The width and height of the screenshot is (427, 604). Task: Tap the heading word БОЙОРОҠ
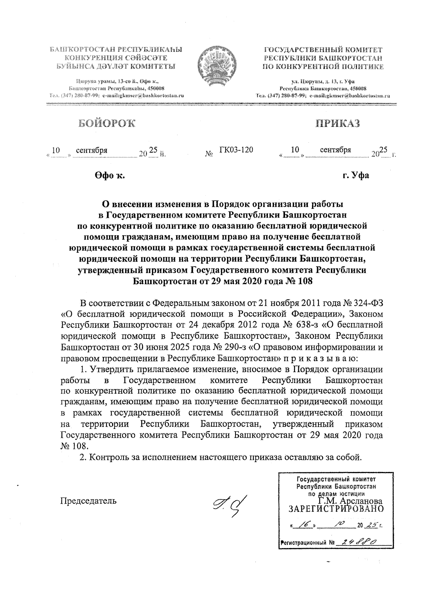[107, 123]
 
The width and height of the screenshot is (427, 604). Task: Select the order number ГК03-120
[236, 150]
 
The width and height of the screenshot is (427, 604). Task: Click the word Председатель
[89, 501]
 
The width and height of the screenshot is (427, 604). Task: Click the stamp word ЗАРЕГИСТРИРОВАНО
[336, 509]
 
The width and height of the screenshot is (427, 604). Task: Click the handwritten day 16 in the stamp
[305, 525]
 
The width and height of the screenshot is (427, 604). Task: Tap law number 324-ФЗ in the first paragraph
[369, 303]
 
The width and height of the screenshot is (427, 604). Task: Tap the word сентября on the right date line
[335, 150]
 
